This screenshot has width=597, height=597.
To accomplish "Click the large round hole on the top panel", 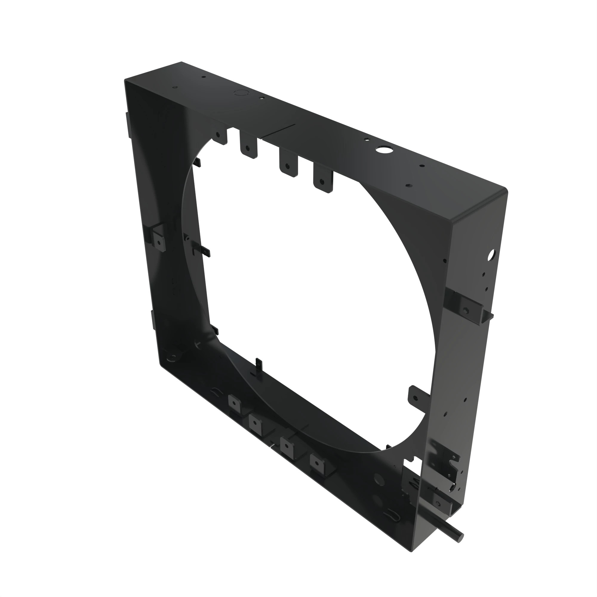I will (383, 150).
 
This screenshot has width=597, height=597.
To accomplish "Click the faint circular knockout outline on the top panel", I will (241, 92).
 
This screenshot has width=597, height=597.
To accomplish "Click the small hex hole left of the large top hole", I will (367, 139).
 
